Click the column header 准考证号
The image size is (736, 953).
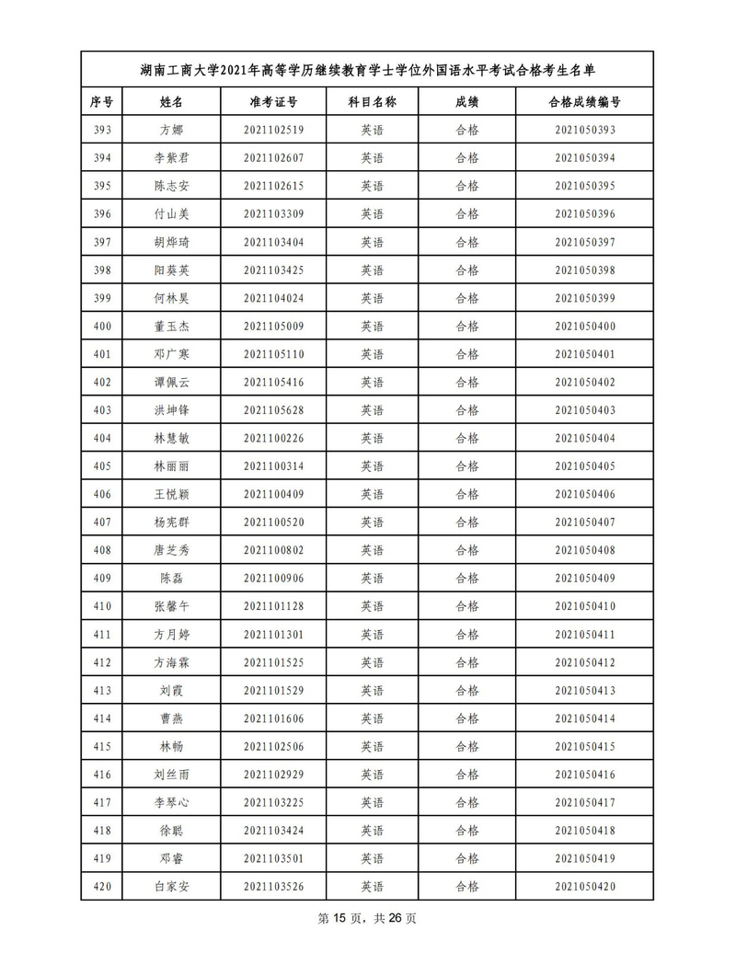coord(273,101)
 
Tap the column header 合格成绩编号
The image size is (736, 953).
coord(584,101)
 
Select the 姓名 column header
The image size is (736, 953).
coord(171,101)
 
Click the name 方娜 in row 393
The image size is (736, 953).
coord(171,130)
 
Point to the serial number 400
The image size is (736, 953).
coord(102,327)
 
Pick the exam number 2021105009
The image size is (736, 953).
coord(273,327)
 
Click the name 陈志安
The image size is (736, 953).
coord(171,186)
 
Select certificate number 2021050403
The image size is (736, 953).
coord(584,410)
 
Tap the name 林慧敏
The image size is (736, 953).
coord(171,439)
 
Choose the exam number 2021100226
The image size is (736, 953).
coord(273,439)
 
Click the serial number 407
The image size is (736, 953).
coord(102,522)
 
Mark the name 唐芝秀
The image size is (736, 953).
coord(171,551)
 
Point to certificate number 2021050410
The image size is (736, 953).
coord(584,607)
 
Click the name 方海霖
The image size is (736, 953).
coord(171,663)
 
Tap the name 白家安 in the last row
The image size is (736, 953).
coord(171,888)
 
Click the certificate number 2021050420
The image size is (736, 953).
coord(584,888)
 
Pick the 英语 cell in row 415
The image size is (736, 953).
coord(372,747)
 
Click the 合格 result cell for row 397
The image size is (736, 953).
coord(467,242)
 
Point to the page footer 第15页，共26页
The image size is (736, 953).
coord(367,919)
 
